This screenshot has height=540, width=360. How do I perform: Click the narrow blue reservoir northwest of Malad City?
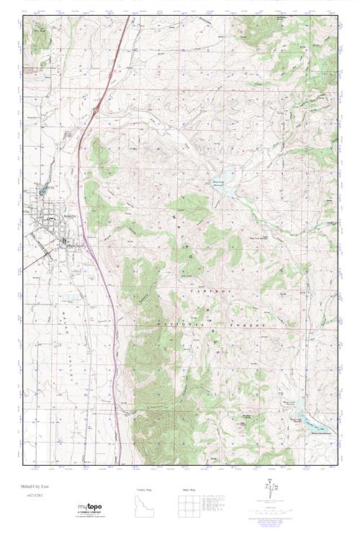[42, 189]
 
